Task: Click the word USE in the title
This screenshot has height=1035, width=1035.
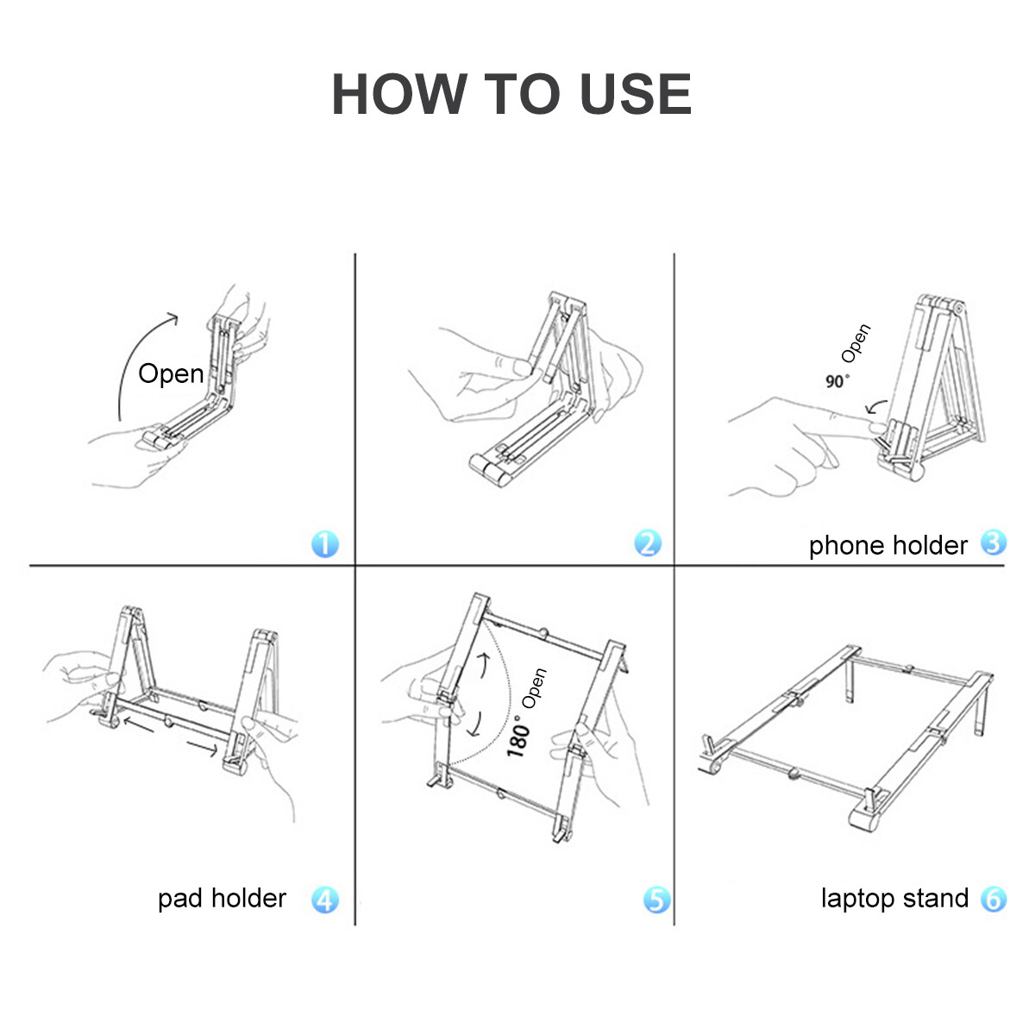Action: coord(635,94)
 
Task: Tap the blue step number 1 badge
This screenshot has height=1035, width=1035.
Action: coord(324,544)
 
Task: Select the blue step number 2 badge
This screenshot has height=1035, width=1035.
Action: coord(648,543)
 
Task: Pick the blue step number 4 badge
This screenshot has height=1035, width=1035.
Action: coord(324,900)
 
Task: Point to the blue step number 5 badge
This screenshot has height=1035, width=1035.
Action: coord(656,900)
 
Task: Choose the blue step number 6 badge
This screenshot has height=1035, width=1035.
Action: coord(994,899)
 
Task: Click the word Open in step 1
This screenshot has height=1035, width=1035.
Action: coord(171,373)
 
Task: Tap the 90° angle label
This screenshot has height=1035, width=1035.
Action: coord(837,380)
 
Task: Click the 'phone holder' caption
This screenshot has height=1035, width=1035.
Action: coord(888,545)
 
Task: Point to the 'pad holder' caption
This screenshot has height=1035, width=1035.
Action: coord(222,899)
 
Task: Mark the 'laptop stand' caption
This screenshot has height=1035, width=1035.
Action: coord(894,899)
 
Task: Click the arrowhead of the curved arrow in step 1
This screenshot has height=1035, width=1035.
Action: coord(172,317)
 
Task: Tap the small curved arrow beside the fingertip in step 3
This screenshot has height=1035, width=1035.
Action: coord(877,404)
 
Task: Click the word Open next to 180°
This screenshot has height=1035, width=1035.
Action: coord(536,688)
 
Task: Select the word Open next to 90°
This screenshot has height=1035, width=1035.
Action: coord(856,343)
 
